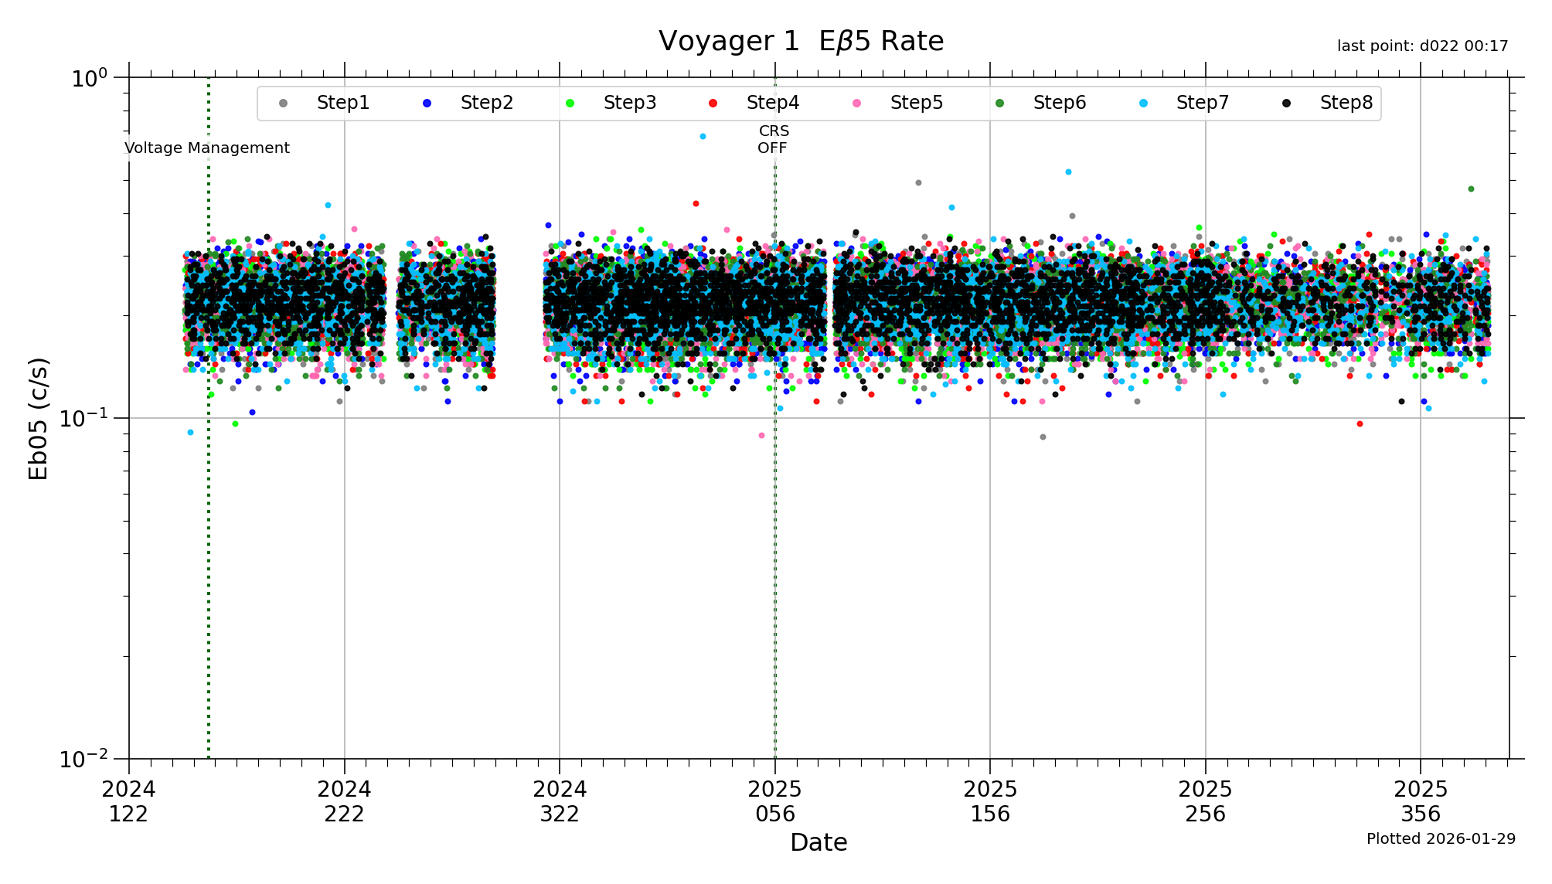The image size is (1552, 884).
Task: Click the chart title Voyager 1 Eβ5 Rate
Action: tap(801, 42)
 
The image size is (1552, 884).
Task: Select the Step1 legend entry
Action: tap(342, 103)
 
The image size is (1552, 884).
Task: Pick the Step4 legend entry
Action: tap(772, 103)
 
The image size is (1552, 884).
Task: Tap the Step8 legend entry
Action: tap(1346, 103)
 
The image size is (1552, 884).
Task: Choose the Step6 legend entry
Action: tap(1059, 103)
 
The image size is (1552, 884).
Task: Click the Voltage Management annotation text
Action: tap(207, 148)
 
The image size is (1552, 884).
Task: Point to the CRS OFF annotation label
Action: tap(773, 140)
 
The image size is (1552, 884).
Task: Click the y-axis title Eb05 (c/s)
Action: tap(39, 418)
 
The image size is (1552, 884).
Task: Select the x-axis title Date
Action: tap(819, 842)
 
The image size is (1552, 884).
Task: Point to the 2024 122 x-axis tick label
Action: tap(128, 801)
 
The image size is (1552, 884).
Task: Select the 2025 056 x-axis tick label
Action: tap(775, 801)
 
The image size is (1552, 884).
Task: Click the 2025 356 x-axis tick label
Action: tap(1421, 801)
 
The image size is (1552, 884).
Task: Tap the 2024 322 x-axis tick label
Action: tap(560, 801)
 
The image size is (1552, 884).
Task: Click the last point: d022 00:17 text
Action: tap(1422, 46)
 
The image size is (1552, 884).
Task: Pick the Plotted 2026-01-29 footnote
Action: tap(1441, 839)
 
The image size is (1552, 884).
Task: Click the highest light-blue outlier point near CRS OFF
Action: tap(703, 136)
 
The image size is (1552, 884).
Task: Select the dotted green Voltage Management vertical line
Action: tap(209, 464)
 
